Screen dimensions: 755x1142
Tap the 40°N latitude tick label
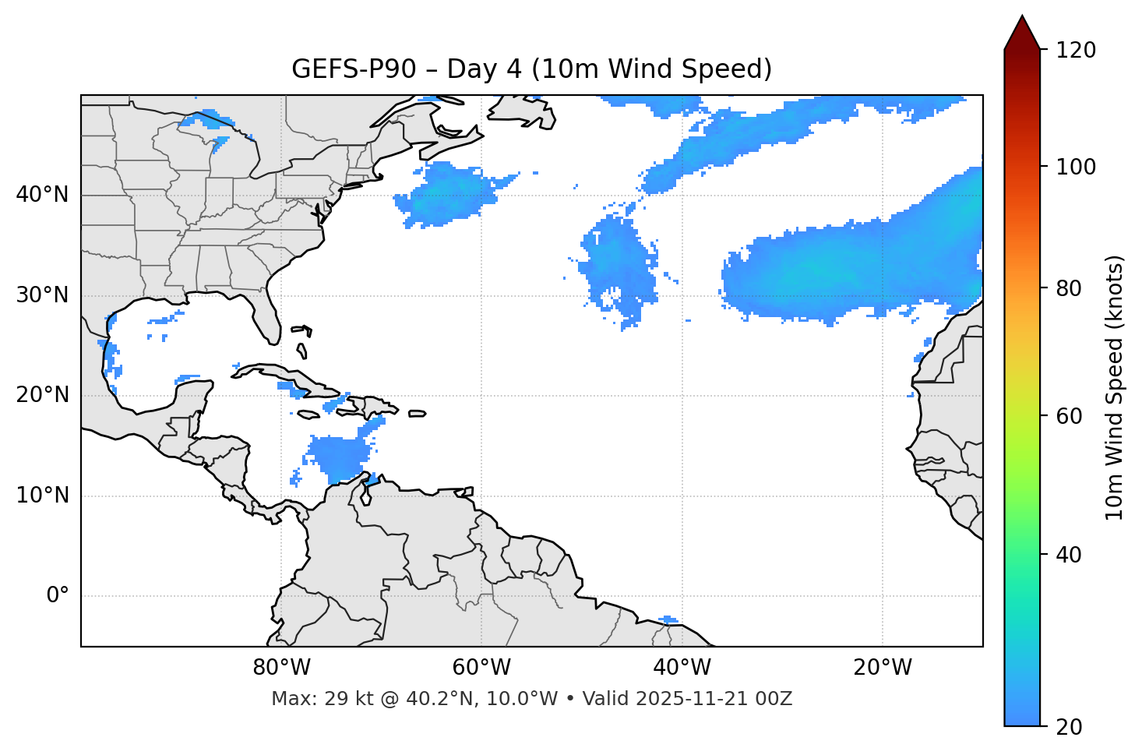pos(42,195)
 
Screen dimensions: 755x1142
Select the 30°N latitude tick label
pos(42,295)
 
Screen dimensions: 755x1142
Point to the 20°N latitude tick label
pos(42,395)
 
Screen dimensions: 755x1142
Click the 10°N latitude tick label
pos(42,496)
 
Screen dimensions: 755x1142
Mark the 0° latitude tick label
pos(57,596)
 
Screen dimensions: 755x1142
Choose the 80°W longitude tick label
pos(281,668)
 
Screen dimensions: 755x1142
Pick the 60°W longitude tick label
pos(481,668)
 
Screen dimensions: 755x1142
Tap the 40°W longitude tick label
pos(682,668)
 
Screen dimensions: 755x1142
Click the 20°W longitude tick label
pos(882,668)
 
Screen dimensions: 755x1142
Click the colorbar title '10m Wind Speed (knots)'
pos(1115,387)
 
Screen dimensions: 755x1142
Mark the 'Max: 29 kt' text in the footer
pos(315,699)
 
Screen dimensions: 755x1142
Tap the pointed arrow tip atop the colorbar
pos(1022,19)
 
